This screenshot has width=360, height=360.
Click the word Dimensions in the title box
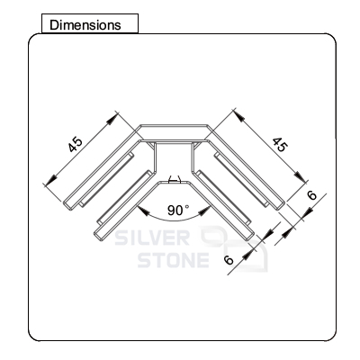click(85, 25)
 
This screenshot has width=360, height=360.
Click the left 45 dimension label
click(75, 145)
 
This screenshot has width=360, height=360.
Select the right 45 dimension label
click(280, 145)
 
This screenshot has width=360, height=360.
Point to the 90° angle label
click(178, 210)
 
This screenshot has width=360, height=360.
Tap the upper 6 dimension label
click(312, 195)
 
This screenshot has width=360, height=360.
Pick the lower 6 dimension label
click(229, 260)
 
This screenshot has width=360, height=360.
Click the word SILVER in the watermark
click(152, 238)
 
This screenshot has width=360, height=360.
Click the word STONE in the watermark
click(174, 260)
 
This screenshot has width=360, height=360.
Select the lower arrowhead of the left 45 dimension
click(51, 181)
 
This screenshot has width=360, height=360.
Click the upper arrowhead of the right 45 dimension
click(238, 116)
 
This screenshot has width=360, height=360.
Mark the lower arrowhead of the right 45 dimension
click(301, 176)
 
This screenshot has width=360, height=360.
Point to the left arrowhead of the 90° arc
click(143, 211)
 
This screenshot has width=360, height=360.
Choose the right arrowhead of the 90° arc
click(204, 211)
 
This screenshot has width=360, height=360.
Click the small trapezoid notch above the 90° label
click(175, 179)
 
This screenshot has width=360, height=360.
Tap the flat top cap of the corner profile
click(174, 132)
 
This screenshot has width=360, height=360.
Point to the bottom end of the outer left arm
click(67, 205)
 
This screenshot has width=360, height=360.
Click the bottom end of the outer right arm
click(280, 205)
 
